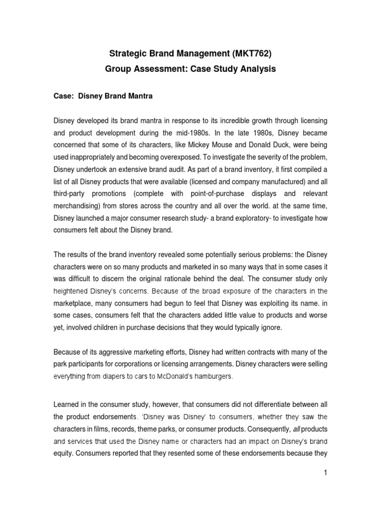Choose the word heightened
coord(73,291)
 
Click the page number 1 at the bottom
coord(326,487)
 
